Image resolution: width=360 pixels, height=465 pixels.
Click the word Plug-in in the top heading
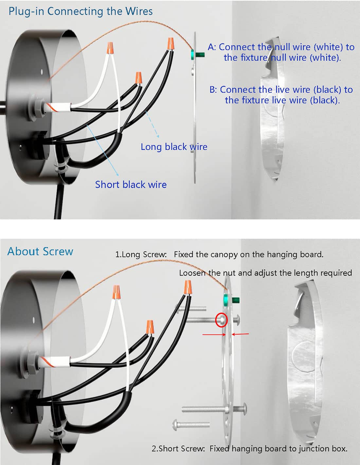(x=27, y=11)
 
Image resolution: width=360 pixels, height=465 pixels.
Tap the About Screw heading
(x=40, y=251)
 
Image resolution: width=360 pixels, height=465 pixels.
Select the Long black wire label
(x=174, y=147)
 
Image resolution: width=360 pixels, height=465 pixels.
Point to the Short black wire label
(x=131, y=184)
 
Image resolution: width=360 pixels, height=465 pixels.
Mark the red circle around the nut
(x=222, y=319)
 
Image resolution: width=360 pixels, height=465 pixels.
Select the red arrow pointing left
(x=240, y=334)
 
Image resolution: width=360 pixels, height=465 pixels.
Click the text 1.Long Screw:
(x=141, y=254)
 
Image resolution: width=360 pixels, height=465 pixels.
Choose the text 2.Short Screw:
(x=178, y=449)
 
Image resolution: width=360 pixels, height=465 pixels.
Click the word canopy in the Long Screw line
(x=224, y=254)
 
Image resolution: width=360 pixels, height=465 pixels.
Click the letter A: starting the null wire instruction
(x=212, y=47)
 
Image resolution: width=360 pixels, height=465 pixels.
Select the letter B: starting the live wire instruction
(x=213, y=90)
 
